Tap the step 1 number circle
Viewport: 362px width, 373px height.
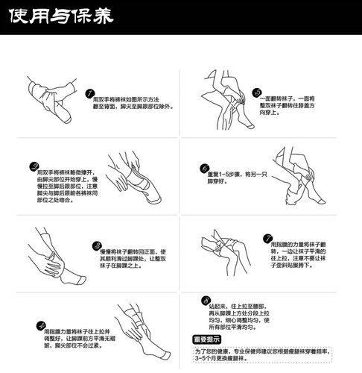pyautogui.click(x=90, y=95)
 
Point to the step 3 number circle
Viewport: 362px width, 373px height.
pyautogui.click(x=96, y=245)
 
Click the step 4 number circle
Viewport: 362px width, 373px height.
pyautogui.click(x=39, y=325)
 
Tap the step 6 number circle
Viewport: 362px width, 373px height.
pyautogui.click(x=203, y=169)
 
